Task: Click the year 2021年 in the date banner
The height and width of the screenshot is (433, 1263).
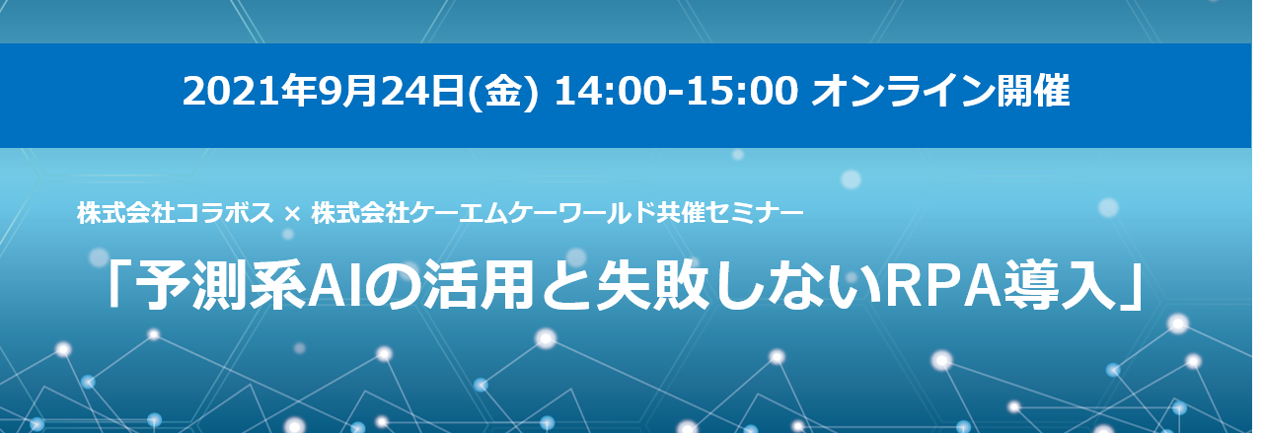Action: [x=250, y=92]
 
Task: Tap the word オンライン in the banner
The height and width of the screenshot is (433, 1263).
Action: [x=903, y=92]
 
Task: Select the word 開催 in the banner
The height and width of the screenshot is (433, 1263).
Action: [x=1032, y=92]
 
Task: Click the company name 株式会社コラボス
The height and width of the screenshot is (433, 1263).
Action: [x=176, y=213]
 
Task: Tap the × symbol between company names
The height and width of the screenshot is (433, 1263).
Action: [x=292, y=214]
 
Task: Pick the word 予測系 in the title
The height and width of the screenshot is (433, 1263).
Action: [x=220, y=285]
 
